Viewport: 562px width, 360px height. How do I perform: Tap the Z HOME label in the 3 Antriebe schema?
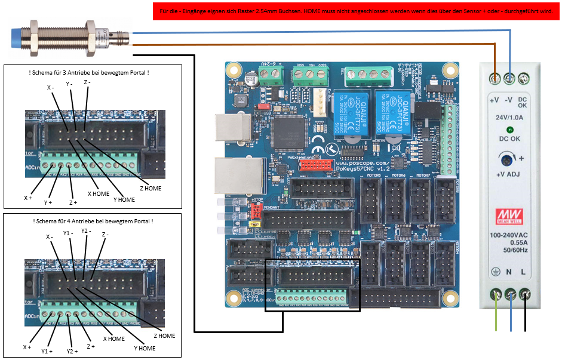coord(150,188)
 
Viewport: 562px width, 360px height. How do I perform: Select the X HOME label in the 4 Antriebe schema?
coord(113,339)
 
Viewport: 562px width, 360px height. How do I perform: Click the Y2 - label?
coord(87,230)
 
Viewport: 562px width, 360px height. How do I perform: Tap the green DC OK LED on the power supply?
coord(509,130)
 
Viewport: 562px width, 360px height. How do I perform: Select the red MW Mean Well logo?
coord(509,214)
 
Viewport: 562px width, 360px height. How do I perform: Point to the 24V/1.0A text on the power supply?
coord(509,118)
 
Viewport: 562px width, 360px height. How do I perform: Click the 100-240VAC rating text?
coord(509,236)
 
